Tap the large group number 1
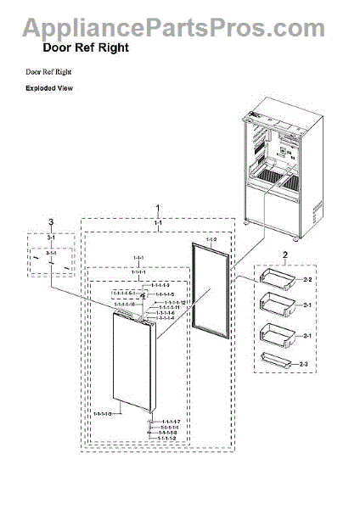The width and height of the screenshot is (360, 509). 156,208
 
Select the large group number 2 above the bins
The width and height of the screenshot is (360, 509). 285,255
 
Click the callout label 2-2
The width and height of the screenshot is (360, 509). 307,279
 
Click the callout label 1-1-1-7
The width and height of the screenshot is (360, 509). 171,421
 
